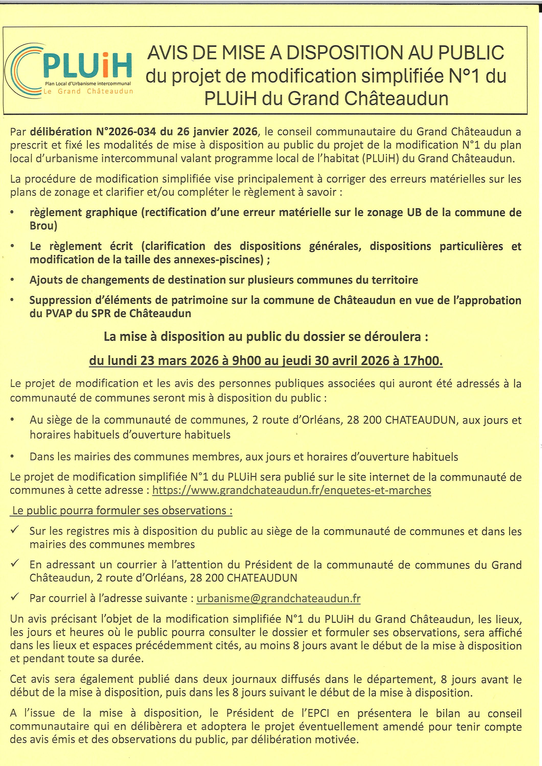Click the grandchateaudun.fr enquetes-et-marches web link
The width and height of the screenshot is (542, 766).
(x=291, y=490)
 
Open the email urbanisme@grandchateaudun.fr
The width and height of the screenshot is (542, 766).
(x=279, y=598)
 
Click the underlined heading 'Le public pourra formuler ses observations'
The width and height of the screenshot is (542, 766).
(x=122, y=511)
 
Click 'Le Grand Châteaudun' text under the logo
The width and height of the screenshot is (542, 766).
(x=88, y=91)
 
